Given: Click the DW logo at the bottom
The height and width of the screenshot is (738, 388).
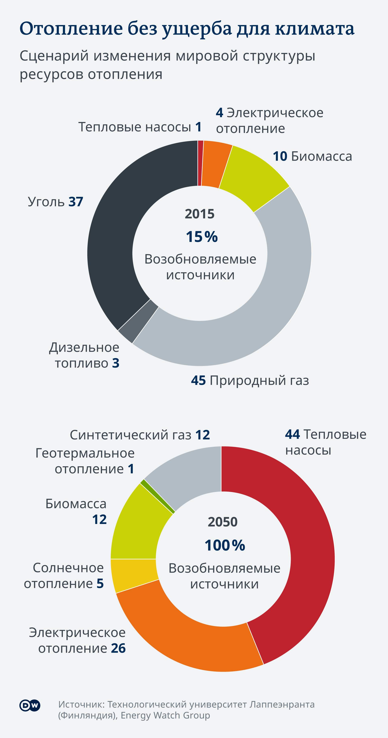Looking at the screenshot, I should pyautogui.click(x=30, y=706).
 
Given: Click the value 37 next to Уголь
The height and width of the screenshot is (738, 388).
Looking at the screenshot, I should pyautogui.click(x=76, y=202).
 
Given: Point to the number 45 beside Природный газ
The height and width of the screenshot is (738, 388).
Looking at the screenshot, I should pyautogui.click(x=198, y=381).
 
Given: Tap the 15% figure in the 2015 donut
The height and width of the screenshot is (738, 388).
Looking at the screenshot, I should pyautogui.click(x=202, y=237).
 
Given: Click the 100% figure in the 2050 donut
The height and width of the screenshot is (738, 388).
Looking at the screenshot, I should pyautogui.click(x=225, y=545).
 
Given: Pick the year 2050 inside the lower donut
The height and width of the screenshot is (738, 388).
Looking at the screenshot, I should pyautogui.click(x=223, y=522).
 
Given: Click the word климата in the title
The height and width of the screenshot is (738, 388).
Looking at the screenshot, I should pyautogui.click(x=315, y=29).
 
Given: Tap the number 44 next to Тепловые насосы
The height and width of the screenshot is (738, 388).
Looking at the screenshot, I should pyautogui.click(x=292, y=434).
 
